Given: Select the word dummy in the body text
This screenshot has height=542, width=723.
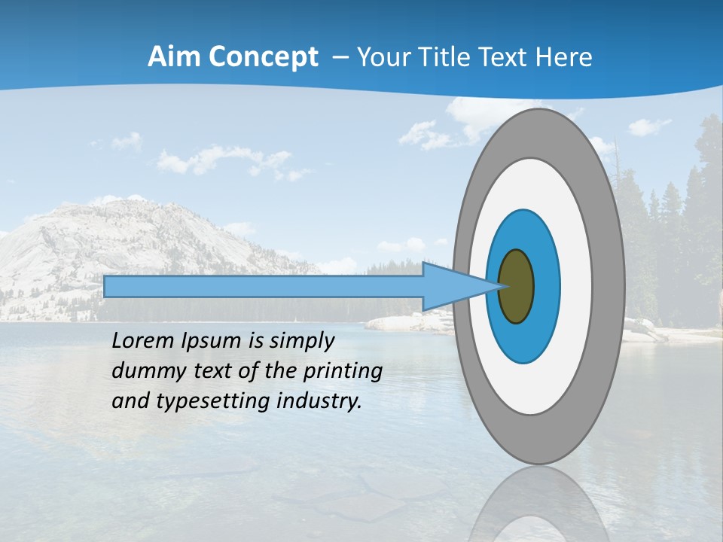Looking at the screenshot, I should (x=144, y=371).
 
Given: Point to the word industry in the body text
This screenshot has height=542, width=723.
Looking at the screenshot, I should (x=319, y=401).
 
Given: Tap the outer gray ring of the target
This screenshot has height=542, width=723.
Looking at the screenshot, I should (x=609, y=287).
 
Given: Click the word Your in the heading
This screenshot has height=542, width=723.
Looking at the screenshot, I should (x=384, y=57).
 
